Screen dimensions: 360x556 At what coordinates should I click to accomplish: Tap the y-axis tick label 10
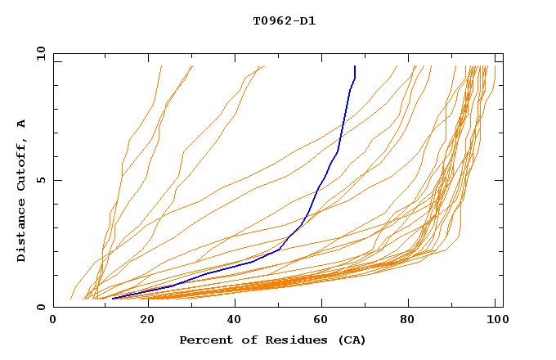pos(39,52)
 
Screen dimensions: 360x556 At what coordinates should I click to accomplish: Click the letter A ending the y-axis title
pos(21,123)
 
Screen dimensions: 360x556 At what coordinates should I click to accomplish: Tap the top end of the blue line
pos(355,66)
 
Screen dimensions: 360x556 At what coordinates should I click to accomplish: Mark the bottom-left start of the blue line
pos(113,298)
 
